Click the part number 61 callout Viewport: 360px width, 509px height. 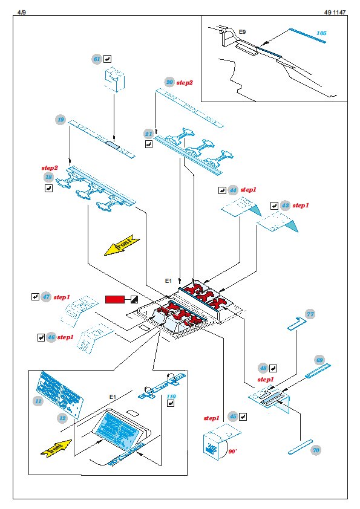point(97,59)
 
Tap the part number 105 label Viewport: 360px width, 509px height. point(321,33)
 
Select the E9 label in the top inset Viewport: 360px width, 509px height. point(243,32)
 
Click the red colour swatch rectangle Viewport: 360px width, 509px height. point(115,299)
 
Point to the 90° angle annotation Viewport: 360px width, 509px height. point(232,452)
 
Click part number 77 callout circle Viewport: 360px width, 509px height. point(310,314)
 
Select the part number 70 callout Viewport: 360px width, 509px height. point(316,450)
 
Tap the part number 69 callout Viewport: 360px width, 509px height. point(319,360)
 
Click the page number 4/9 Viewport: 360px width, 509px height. point(21,12)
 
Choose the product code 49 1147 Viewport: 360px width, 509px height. point(335,12)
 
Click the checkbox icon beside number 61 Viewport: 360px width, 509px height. point(108,59)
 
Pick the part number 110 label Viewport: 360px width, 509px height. point(171,397)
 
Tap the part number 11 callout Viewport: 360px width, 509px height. point(38,401)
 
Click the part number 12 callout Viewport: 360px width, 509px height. point(62,418)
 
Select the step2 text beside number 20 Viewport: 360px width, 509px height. point(185,83)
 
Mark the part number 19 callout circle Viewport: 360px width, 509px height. point(61,120)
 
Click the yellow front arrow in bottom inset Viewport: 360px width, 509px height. point(56,449)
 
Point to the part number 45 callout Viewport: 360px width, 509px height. point(233,417)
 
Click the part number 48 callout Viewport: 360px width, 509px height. point(263,368)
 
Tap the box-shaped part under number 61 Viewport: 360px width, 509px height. point(114,79)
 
